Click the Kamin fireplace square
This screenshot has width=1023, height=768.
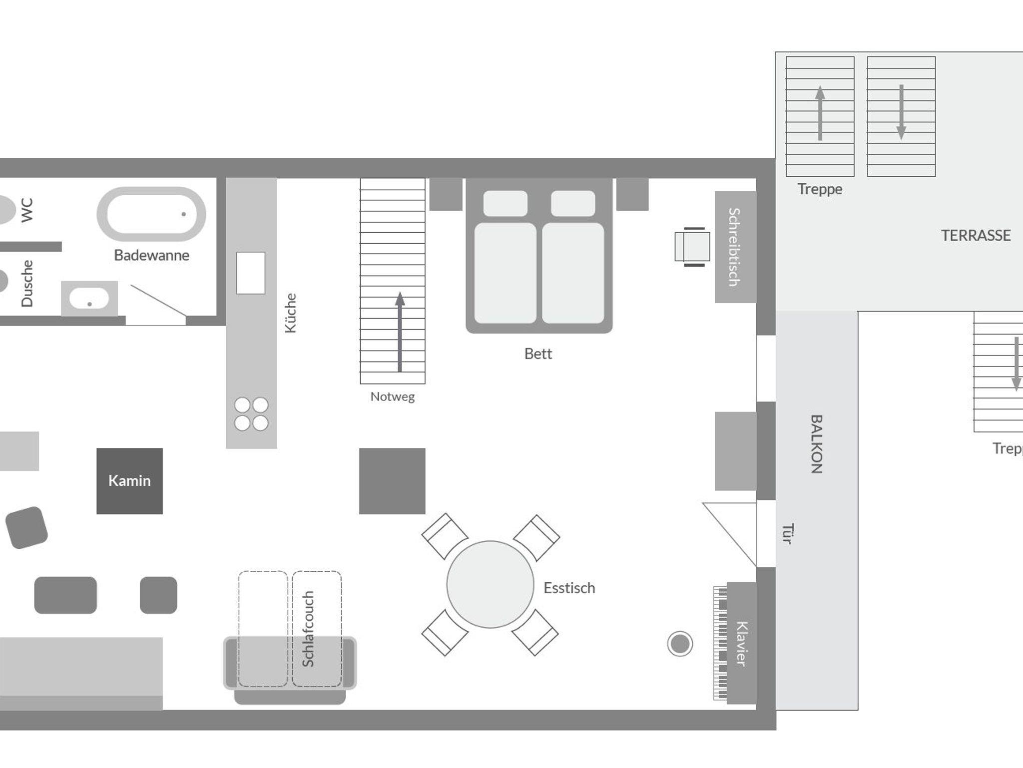click(x=129, y=481)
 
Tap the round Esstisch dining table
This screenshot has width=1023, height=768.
click(x=490, y=584)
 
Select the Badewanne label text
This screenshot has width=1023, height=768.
click(x=151, y=255)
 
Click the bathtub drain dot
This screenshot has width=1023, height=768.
click(x=184, y=214)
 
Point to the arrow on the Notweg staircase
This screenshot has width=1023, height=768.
click(x=400, y=332)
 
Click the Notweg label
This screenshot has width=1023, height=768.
click(x=392, y=396)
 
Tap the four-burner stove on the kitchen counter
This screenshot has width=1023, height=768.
click(x=251, y=414)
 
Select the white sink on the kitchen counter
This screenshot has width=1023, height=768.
click(x=250, y=273)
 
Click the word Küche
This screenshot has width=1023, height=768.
click(x=291, y=313)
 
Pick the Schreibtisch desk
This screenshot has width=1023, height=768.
click(x=735, y=247)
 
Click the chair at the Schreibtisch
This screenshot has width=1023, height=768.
click(x=692, y=247)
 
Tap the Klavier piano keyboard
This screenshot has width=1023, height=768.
click(x=720, y=643)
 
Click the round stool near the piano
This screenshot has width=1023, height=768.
click(x=680, y=644)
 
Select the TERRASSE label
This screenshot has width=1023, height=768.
click(x=976, y=235)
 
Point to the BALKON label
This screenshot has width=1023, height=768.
click(x=816, y=443)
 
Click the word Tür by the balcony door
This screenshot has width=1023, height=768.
click(x=788, y=533)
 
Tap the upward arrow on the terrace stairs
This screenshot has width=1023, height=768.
click(x=820, y=113)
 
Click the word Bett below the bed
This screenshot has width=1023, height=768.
click(x=538, y=354)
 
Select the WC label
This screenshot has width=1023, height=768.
click(x=27, y=210)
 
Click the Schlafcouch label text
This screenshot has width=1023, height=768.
click(x=308, y=629)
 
